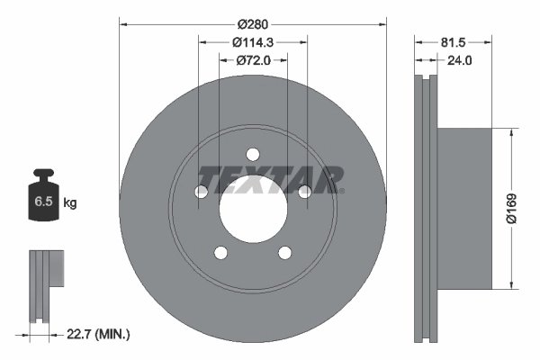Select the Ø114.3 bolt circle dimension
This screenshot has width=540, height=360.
tap(253, 41)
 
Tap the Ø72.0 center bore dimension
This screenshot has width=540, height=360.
tap(253, 60)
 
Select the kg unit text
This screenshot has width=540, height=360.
tap(70, 203)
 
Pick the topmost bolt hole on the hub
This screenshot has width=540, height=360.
tap(253, 153)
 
